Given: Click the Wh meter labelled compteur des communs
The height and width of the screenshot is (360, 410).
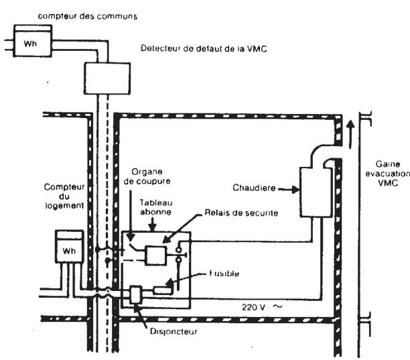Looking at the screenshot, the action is (x=33, y=40).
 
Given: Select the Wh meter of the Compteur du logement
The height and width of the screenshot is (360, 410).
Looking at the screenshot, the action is (x=69, y=247).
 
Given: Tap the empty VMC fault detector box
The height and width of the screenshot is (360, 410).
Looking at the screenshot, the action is (x=107, y=78).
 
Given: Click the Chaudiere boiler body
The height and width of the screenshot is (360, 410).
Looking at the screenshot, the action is (x=316, y=192).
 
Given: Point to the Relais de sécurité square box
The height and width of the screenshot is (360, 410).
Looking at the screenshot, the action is (x=156, y=255).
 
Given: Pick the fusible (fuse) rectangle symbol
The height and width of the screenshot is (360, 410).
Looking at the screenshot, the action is (x=162, y=290).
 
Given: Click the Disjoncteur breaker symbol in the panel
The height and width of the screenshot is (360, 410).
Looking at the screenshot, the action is (x=136, y=295).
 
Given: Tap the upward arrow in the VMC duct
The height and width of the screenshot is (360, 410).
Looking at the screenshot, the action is (x=350, y=134).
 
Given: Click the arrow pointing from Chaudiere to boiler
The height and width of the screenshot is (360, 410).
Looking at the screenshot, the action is (x=289, y=189).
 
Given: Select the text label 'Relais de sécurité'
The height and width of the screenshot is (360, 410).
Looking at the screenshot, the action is (x=241, y=213).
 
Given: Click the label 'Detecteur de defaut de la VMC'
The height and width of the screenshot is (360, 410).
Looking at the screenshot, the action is (x=204, y=49).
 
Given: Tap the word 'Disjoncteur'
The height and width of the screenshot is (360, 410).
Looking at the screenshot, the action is (x=173, y=332).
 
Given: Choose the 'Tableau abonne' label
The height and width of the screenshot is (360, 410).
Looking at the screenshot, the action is (x=156, y=207).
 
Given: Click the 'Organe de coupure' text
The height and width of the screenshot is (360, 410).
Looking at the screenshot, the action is (x=147, y=176).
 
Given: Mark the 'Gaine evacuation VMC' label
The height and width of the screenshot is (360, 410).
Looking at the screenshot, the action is (x=388, y=174).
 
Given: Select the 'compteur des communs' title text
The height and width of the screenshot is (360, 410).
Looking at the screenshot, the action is (x=88, y=16).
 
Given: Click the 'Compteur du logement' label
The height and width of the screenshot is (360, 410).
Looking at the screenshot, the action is (x=64, y=196).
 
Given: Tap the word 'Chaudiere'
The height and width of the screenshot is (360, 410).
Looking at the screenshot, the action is (x=254, y=188).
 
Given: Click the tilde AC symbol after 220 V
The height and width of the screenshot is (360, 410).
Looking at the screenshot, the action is (x=278, y=306).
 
